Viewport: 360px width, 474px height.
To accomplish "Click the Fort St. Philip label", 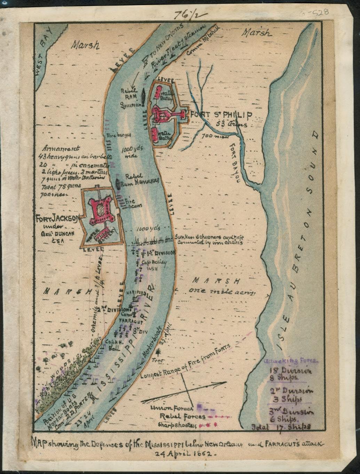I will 220,115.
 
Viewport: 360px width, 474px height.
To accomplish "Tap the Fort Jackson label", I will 56,218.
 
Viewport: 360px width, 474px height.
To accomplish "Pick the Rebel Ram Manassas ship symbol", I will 118,184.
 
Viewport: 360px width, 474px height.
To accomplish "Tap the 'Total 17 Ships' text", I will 280,426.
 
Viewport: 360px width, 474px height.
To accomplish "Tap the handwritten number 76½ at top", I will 188,15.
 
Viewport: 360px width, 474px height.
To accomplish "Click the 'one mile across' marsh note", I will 223,291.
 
